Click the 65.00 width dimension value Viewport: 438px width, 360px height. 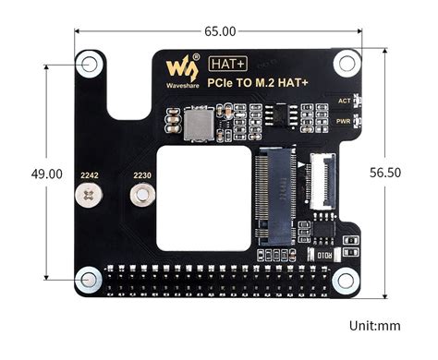[x=220, y=31]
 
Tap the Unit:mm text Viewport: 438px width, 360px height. [x=376, y=326]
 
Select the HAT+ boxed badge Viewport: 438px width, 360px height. [x=227, y=65]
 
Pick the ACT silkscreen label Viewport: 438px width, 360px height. [x=344, y=101]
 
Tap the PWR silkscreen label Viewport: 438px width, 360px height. [x=343, y=121]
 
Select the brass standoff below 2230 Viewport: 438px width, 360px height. [x=142, y=195]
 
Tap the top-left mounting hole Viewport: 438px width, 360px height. [x=90, y=65]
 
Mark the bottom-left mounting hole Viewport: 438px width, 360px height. [x=90, y=277]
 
